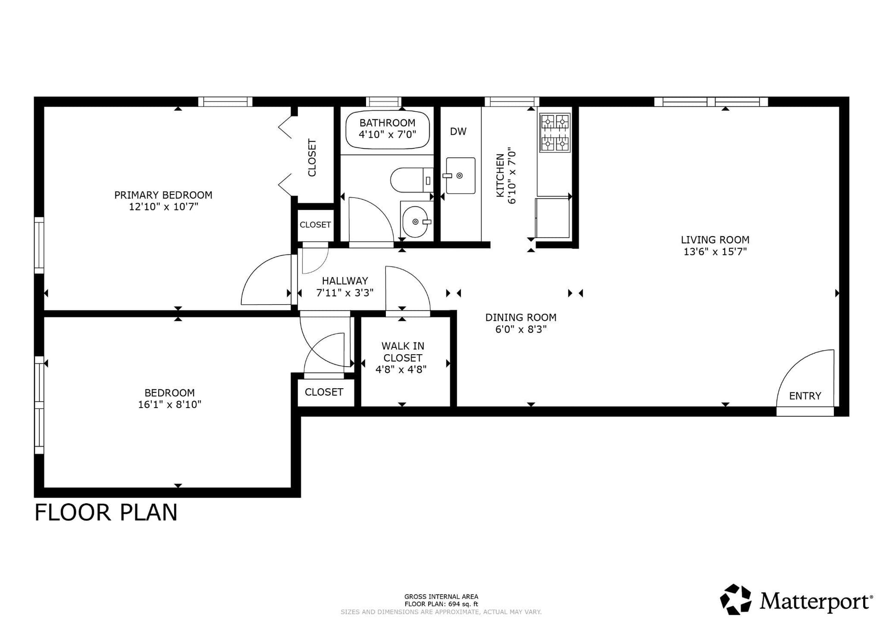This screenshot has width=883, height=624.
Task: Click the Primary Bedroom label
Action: pos(163,195)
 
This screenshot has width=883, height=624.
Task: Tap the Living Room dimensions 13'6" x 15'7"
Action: pos(715,251)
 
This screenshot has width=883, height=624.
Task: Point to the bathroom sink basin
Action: pos(415,222)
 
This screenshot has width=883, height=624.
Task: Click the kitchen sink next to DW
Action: pos(460,176)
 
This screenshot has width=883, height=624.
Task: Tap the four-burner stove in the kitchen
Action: pos(555,133)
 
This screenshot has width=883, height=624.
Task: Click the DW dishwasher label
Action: pos(458,131)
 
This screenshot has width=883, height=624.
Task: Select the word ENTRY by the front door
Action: pos(805,396)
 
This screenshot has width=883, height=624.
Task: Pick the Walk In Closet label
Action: pos(402,352)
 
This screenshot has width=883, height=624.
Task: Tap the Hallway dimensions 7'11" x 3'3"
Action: pos(345,293)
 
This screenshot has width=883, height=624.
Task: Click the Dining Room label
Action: pos(521,317)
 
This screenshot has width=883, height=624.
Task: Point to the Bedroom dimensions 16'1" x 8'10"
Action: pos(170,404)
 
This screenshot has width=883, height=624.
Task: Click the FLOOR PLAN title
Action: pos(106,512)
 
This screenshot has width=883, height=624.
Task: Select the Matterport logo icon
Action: pos(736,599)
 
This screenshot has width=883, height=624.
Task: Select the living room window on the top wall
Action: pos(711,102)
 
